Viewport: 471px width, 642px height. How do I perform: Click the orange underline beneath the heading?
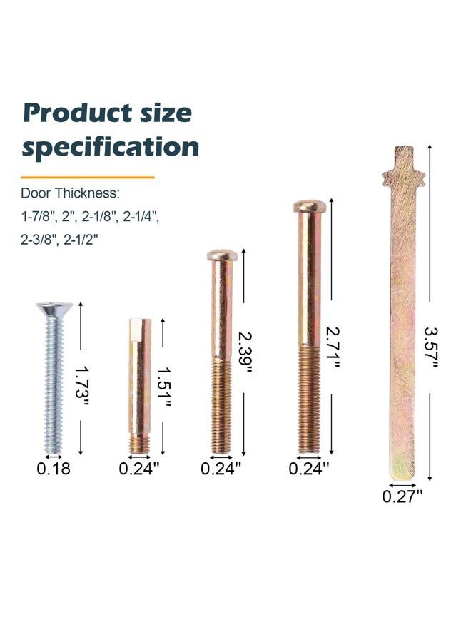coord(88,178)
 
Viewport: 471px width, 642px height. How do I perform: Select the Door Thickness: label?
coord(70,193)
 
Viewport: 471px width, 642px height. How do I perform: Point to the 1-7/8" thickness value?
coord(38,216)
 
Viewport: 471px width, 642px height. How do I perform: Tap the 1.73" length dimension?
coord(81,387)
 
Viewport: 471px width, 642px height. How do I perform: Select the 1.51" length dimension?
coord(163,387)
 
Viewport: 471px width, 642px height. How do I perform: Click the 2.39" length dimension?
coord(245,352)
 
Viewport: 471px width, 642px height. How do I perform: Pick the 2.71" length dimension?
coord(333,348)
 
